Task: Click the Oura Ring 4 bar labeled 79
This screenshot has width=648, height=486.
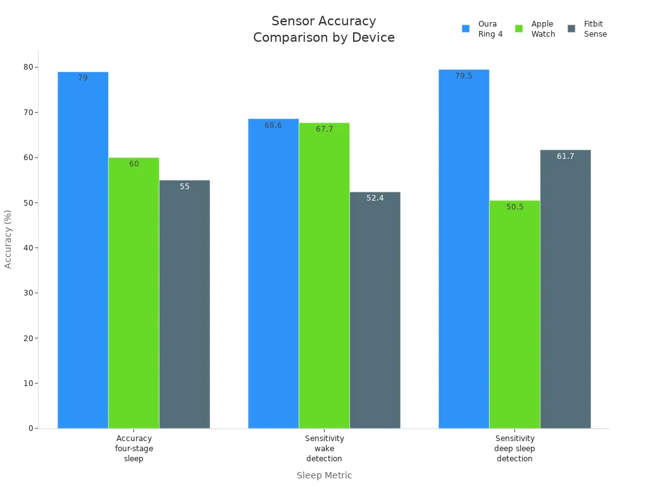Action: [83, 250]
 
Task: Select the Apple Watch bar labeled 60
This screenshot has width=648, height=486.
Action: [134, 293]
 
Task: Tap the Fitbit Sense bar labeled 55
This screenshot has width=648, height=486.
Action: [184, 304]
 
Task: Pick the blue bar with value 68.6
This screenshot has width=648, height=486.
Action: [273, 273]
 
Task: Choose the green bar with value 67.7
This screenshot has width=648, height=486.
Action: [324, 275]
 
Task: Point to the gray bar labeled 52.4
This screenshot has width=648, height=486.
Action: [375, 310]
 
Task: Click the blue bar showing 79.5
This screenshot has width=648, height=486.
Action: [464, 249]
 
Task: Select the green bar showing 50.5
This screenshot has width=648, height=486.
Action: [514, 315]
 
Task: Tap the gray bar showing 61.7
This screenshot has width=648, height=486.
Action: [565, 289]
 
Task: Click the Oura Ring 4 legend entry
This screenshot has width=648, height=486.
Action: [482, 29]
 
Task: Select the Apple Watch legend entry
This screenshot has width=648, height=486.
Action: [535, 29]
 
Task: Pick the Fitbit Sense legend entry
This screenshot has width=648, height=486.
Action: [587, 29]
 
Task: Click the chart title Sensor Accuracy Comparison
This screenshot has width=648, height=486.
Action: [324, 29]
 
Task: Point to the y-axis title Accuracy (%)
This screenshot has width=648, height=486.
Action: [8, 239]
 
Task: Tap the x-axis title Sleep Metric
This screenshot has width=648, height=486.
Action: [324, 475]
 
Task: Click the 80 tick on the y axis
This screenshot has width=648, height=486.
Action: [28, 67]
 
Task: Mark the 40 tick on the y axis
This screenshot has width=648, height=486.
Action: [28, 248]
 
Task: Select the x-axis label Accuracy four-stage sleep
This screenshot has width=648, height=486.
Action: [134, 449]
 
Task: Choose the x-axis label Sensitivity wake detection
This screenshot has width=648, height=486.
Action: [324, 449]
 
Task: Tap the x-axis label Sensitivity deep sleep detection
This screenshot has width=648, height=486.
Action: [514, 449]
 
